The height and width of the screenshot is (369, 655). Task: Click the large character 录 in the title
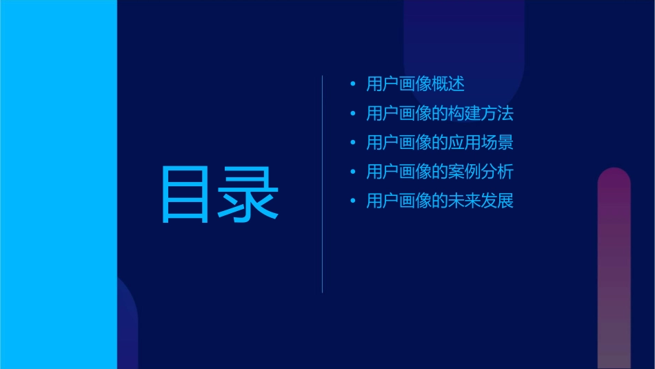coord(248,195)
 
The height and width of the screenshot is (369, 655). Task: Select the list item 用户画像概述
coord(415,84)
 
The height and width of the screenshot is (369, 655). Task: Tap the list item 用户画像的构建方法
coord(440,113)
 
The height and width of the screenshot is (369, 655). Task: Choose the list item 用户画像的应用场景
coord(440,143)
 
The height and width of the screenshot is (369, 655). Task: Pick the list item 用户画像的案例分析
coord(440,172)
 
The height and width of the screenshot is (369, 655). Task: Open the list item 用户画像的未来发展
coord(440,201)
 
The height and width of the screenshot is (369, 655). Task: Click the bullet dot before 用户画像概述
coord(353,85)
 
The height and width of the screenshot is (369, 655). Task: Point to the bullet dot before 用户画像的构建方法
coord(353,114)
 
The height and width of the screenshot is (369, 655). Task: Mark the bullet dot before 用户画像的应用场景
coord(353,143)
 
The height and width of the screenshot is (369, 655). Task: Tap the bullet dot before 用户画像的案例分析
coord(353,172)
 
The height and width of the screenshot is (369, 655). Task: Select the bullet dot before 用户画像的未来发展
coord(353,202)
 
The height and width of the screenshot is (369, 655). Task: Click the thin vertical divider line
coord(323,184)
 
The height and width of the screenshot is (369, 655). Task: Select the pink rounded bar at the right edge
coord(614,269)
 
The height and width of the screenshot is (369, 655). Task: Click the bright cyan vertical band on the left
coord(58,184)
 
